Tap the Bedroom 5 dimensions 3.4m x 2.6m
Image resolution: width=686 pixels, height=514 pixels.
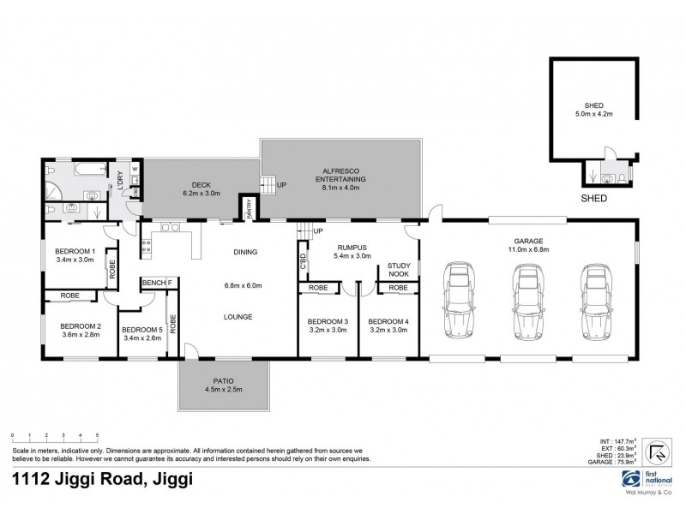click(x=142, y=338)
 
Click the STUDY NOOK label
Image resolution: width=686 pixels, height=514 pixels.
click(x=400, y=270)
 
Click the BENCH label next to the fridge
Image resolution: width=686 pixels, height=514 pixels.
click(x=153, y=282)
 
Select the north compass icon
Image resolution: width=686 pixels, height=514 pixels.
click(x=657, y=451)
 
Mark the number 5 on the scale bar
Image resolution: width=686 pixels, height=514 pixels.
click(x=97, y=436)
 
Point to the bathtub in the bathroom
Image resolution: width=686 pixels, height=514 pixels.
click(x=90, y=171)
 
